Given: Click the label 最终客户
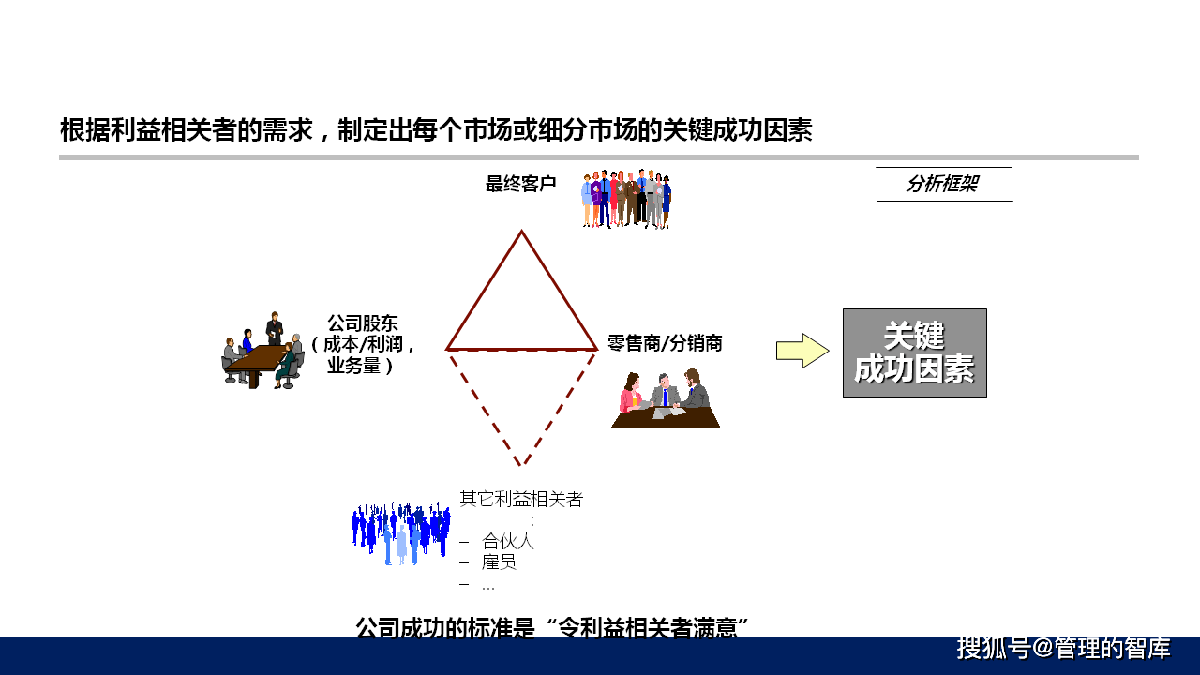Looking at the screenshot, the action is (520, 184).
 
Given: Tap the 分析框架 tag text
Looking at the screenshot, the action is (942, 184).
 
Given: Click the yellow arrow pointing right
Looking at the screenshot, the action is (802, 351).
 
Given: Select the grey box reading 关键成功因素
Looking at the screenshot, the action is (914, 352).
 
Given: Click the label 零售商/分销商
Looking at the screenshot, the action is (665, 343).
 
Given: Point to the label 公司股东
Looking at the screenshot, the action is (363, 323).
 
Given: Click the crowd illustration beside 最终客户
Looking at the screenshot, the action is (626, 199).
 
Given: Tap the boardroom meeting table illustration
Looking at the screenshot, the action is (263, 351).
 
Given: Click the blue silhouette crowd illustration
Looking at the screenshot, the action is (400, 533).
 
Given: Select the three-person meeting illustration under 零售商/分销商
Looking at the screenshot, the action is (666, 398).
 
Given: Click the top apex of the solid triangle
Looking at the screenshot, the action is (521, 232).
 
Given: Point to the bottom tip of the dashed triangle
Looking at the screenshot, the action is (520, 464).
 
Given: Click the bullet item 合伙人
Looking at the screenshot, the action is (508, 541).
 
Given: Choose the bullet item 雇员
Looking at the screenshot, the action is (499, 562).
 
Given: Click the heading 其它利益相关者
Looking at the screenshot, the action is (520, 500).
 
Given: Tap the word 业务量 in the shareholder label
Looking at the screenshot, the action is (353, 366).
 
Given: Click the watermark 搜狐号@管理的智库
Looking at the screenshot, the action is (1063, 648).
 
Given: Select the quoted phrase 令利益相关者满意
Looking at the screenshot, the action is (648, 628).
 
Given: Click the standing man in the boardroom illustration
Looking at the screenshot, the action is (275, 328).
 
